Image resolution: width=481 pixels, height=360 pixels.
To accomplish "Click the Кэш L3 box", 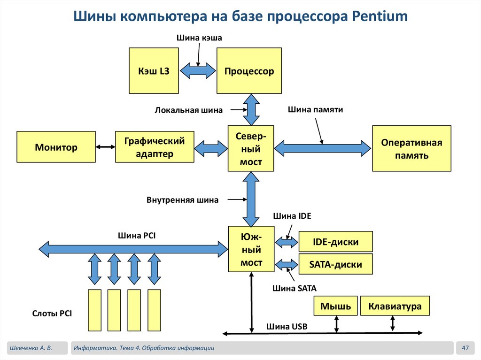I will tap(154, 71).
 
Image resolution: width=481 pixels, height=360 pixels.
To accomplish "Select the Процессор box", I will tap(249, 71).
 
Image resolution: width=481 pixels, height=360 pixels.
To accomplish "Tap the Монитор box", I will tap(56, 147).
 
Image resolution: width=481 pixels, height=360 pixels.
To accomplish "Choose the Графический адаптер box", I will tap(155, 147).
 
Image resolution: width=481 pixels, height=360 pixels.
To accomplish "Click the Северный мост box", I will tap(251, 148).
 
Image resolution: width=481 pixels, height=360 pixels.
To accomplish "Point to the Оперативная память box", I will tap(411, 148).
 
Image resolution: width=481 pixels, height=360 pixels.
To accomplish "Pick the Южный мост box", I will tap(251, 249).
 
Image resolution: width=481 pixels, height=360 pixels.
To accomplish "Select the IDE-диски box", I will tap(335, 242).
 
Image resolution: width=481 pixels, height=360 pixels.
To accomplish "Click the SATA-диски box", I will tap(335, 264).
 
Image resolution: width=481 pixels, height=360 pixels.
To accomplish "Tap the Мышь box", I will tap(335, 306).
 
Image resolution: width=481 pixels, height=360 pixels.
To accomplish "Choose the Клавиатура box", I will tap(395, 306).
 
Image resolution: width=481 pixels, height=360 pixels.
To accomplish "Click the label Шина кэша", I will tap(199, 38).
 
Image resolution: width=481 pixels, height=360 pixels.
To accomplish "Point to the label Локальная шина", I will tap(188, 111).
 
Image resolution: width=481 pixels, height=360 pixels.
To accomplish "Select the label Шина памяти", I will tap(315, 109).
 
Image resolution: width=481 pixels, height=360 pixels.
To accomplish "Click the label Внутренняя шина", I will tap(182, 200).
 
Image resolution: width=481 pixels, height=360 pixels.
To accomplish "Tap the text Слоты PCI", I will tap(52, 314).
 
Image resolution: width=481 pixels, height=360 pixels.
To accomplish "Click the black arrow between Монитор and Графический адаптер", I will tap(105, 147).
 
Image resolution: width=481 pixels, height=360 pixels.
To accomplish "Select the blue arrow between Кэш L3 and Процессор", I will tap(197, 71).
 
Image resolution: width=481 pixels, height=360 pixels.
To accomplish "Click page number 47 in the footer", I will tap(466, 348).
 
